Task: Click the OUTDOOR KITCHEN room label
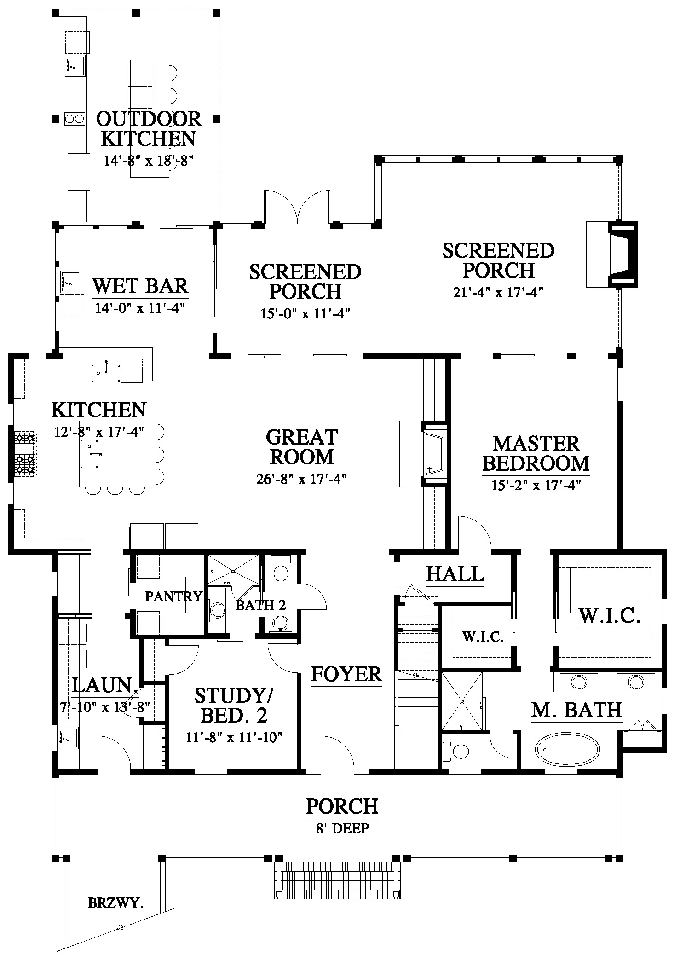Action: pyautogui.click(x=149, y=129)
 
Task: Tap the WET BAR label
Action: pyautogui.click(x=140, y=286)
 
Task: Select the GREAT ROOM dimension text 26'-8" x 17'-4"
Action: pyautogui.click(x=301, y=479)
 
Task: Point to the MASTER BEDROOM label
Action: pyautogui.click(x=536, y=454)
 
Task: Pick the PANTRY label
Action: pyautogui.click(x=173, y=596)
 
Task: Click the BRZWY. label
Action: pyautogui.click(x=116, y=903)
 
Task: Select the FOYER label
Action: pyautogui.click(x=346, y=674)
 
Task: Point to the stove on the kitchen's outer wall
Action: pyautogui.click(x=25, y=453)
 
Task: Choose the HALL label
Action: pyautogui.click(x=455, y=574)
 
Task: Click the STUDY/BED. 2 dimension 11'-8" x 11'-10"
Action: pyautogui.click(x=234, y=737)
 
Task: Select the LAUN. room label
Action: pyautogui.click(x=105, y=685)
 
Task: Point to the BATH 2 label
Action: pyautogui.click(x=260, y=606)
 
